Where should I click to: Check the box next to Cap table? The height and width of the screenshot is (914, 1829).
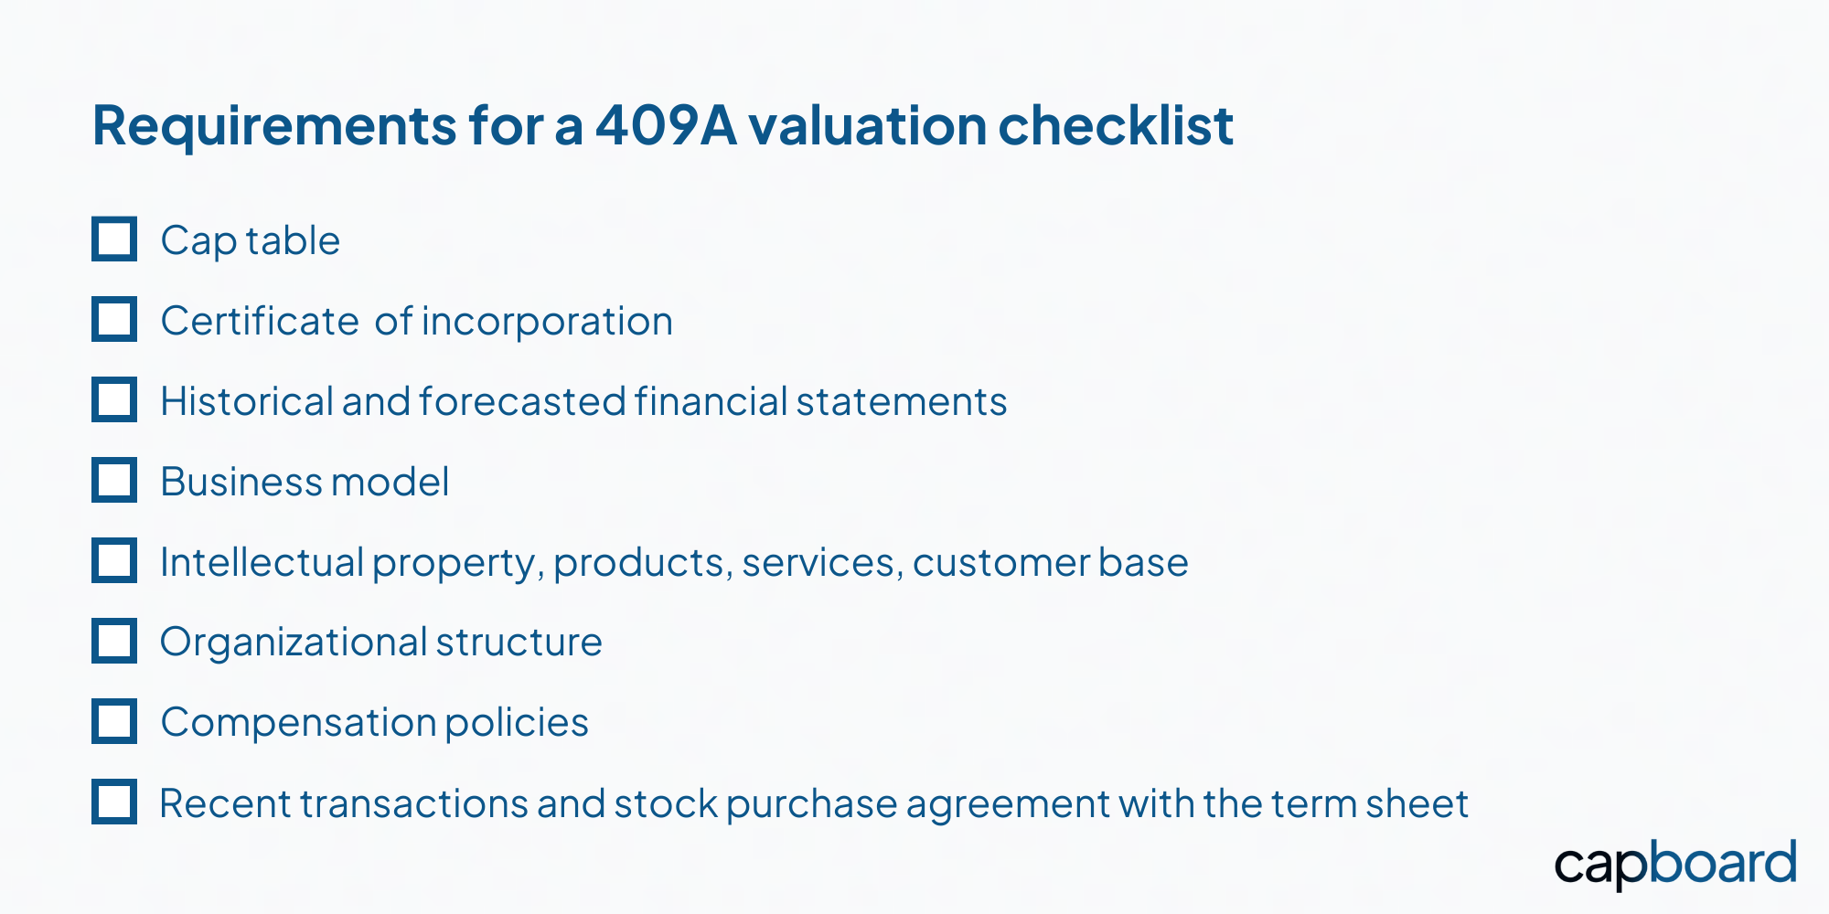point(114,239)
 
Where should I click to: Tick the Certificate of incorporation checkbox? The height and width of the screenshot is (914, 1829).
point(114,319)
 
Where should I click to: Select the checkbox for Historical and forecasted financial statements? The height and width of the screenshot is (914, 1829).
point(114,399)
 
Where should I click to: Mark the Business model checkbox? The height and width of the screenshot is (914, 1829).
point(114,480)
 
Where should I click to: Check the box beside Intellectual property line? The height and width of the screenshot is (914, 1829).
point(114,560)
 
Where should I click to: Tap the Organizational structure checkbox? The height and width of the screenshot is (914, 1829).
point(114,641)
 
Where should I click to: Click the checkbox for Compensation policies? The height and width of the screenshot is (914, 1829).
point(114,721)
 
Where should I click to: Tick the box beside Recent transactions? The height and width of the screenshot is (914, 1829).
point(114,802)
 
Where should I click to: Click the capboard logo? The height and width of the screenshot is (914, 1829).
point(1675,865)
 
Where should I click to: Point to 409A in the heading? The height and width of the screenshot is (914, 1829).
point(666,125)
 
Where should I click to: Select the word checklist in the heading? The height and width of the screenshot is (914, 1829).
point(1116,125)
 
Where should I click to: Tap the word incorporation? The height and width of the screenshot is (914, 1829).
point(547,322)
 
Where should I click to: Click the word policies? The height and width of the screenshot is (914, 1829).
point(517,723)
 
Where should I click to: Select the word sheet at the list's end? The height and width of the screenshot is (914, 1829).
point(1417,803)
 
